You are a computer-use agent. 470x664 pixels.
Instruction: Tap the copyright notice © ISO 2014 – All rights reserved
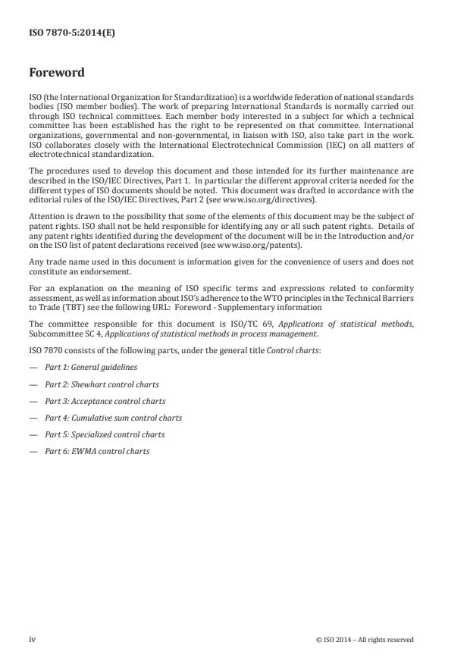pos(365,639)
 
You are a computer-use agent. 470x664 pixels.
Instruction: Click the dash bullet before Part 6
pos(33,451)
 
